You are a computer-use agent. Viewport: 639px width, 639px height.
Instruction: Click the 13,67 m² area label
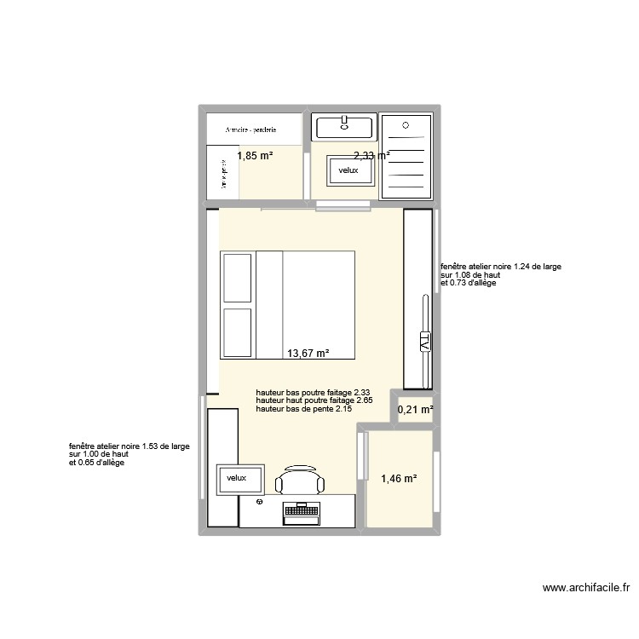[308, 354]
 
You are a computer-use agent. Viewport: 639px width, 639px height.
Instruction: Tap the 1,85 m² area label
[255, 156]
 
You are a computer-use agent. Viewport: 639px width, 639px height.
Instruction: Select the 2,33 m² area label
[371, 156]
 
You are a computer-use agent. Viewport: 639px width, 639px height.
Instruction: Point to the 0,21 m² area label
[416, 411]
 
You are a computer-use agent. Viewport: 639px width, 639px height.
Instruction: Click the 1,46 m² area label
[399, 480]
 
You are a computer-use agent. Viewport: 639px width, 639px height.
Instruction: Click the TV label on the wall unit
[423, 343]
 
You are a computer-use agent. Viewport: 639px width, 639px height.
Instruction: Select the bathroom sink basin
[344, 128]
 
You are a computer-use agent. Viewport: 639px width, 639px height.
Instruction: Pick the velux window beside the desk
[236, 479]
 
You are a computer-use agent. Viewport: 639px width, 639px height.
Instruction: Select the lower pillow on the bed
[239, 333]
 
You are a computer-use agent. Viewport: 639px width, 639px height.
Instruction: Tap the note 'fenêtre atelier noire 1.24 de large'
[501, 267]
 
